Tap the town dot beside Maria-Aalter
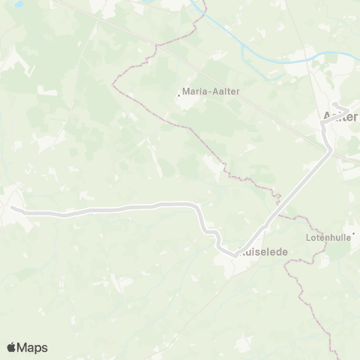178,94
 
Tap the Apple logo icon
12,347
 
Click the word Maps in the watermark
33,347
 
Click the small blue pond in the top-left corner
6,5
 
